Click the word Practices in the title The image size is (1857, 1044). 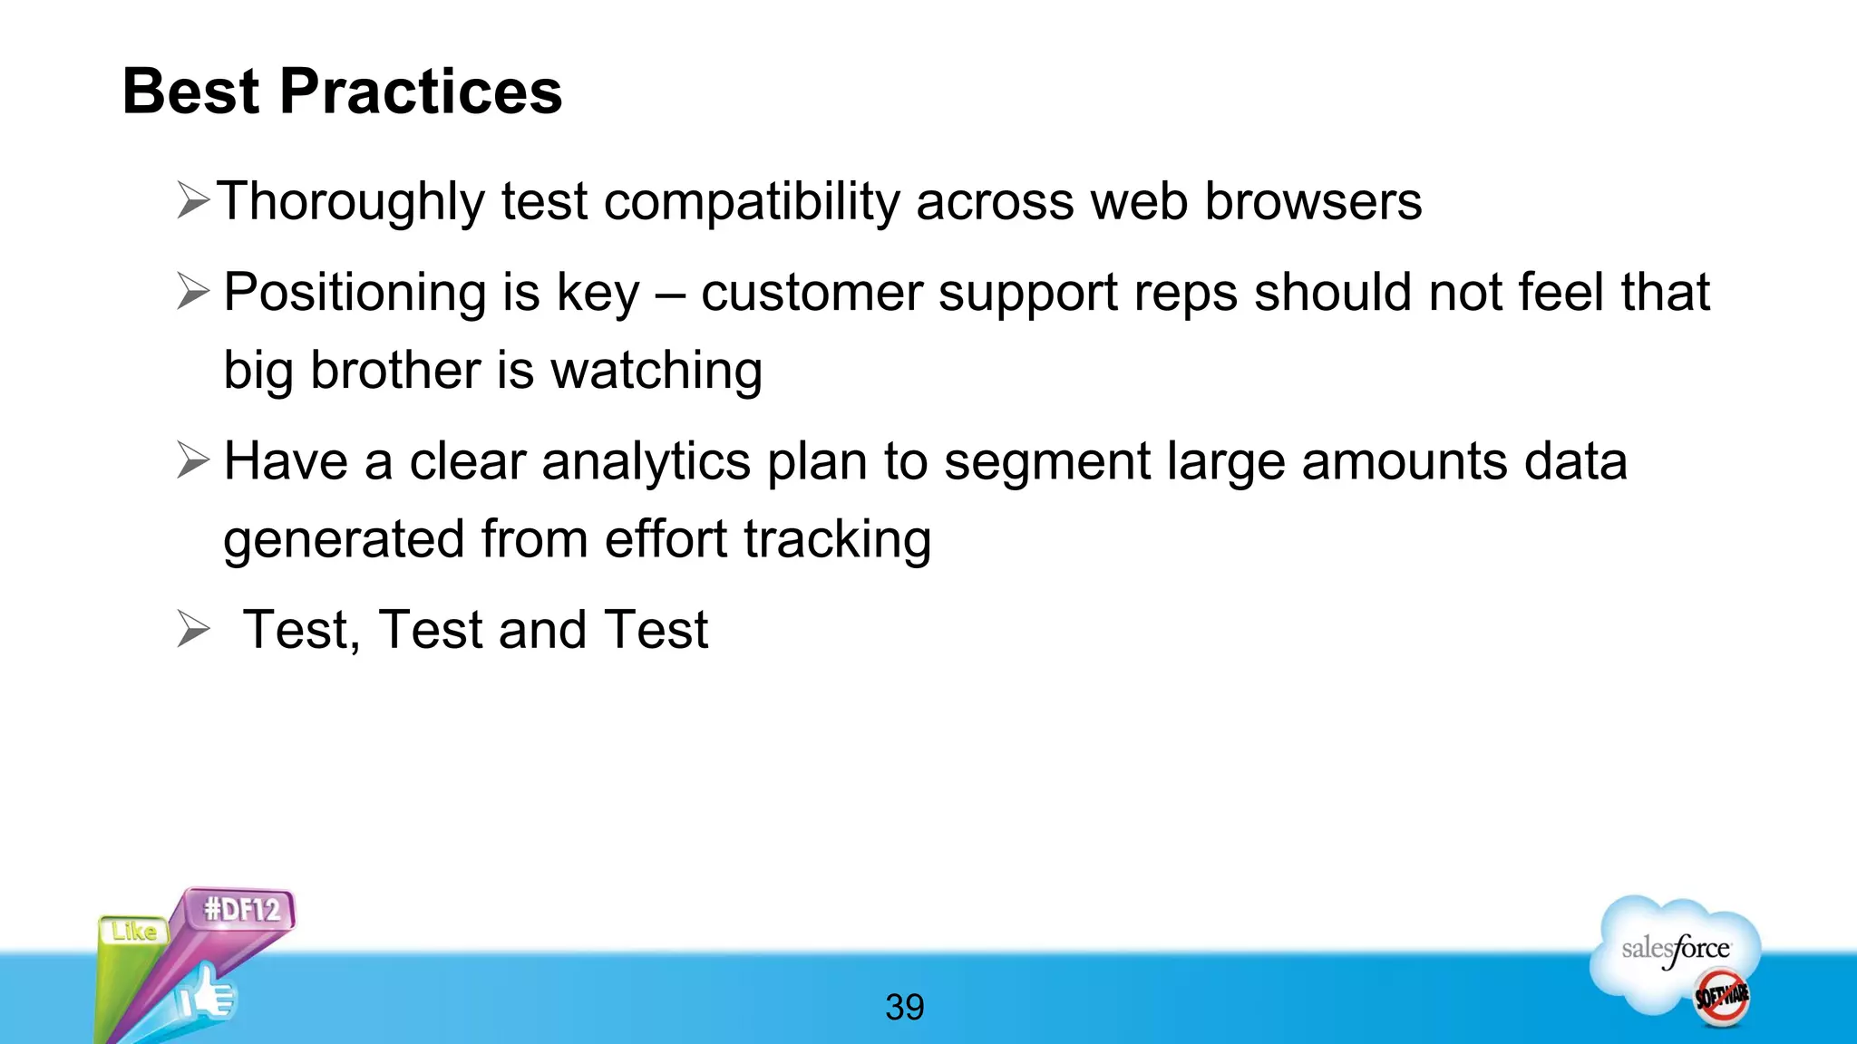(x=421, y=92)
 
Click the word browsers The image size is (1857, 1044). (x=1313, y=201)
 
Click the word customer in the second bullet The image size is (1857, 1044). (x=811, y=293)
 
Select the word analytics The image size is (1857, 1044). (x=646, y=461)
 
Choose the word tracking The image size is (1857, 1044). (x=837, y=539)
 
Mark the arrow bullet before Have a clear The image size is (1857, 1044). (x=193, y=459)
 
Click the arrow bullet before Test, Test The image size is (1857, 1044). (x=193, y=629)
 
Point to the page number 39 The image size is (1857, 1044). (x=904, y=1007)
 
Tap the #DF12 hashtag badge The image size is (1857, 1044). (x=242, y=908)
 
